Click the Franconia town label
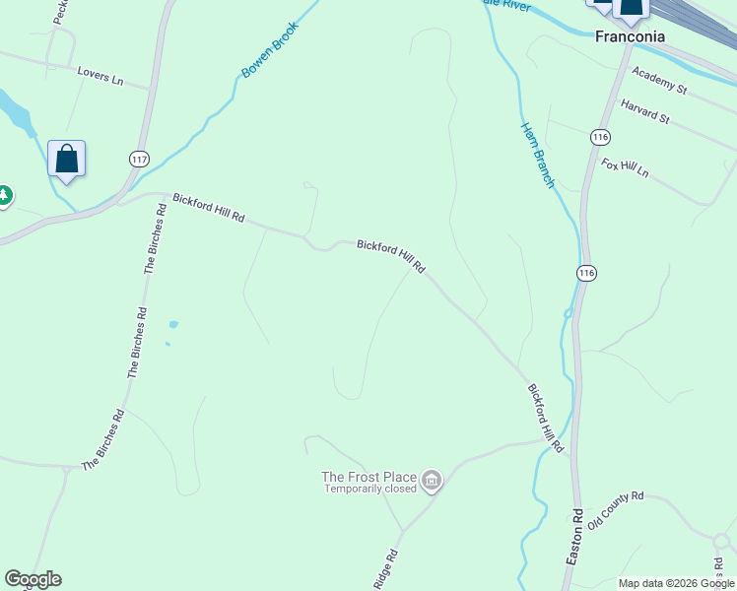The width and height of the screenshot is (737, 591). tap(630, 36)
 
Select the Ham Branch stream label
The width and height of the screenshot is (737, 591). tap(538, 154)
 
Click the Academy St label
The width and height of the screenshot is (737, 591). tap(659, 81)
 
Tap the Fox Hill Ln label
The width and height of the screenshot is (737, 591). tap(626, 167)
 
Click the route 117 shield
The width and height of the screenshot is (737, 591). tap(138, 158)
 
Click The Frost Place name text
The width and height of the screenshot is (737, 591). tap(368, 477)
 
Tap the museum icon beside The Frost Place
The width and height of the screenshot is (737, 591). tap(432, 482)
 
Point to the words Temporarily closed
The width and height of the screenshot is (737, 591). tap(369, 489)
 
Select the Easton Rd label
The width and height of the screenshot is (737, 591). tap(575, 537)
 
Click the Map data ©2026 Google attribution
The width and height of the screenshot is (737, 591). tap(677, 583)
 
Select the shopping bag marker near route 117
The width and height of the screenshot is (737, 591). tap(66, 161)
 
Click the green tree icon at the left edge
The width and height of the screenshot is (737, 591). tap(4, 196)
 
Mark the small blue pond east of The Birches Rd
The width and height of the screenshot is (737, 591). tap(173, 324)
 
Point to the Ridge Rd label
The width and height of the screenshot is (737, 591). tap(385, 570)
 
